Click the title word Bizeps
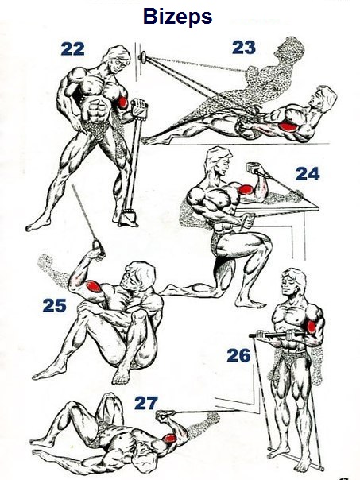(x=177, y=17)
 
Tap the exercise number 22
(x=72, y=49)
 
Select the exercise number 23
(x=244, y=48)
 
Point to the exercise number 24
(x=308, y=174)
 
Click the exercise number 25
(x=55, y=305)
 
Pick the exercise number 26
(x=238, y=355)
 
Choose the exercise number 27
(x=146, y=403)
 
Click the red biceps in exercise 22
(x=122, y=102)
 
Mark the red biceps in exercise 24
(x=246, y=189)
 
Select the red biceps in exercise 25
(x=93, y=287)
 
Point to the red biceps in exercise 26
(x=312, y=327)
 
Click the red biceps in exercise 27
(x=170, y=439)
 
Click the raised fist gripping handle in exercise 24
(x=254, y=168)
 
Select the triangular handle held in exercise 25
(x=99, y=246)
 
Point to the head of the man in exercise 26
(x=292, y=281)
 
